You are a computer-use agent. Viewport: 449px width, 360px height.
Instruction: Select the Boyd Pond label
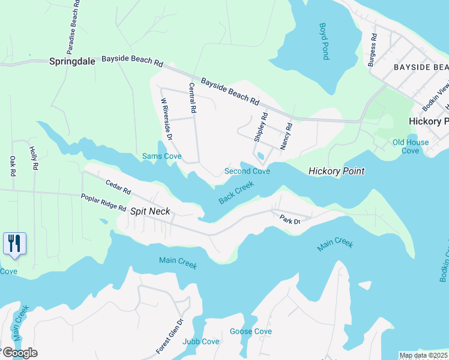(x=324, y=41)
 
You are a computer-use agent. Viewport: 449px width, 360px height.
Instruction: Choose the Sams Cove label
(x=161, y=157)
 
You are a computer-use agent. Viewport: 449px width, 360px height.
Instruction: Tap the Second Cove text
(x=247, y=171)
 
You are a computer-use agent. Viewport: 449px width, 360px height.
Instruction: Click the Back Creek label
(x=237, y=193)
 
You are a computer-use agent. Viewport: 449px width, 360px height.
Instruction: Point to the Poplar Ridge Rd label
(x=104, y=203)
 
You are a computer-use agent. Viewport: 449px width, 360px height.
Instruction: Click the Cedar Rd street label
(x=118, y=187)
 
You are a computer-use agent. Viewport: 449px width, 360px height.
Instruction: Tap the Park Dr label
(x=289, y=220)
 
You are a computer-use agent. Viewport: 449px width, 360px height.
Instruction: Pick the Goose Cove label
(x=250, y=331)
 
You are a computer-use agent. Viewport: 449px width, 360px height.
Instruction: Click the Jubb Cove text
(x=201, y=341)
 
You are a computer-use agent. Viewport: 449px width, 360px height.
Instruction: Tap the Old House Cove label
(x=411, y=146)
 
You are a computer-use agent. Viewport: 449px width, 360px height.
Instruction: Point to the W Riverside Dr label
(x=166, y=120)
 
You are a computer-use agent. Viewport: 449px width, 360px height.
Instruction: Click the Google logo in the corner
(x=19, y=353)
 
